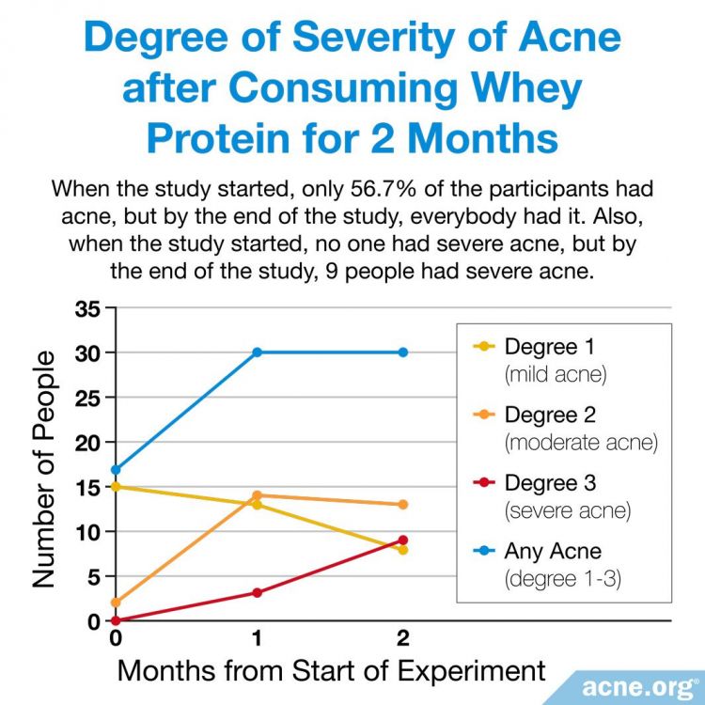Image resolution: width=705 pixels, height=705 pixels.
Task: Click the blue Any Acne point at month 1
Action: (x=257, y=352)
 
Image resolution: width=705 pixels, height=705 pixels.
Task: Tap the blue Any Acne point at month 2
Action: (x=403, y=352)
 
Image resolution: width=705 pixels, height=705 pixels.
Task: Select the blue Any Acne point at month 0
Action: (x=115, y=469)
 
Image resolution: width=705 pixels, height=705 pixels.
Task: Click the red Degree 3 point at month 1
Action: (x=257, y=592)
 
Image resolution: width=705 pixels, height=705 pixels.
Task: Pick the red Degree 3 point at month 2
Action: (x=403, y=540)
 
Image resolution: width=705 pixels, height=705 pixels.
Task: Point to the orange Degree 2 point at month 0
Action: (x=115, y=603)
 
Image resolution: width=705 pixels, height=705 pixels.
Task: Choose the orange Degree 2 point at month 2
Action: (x=403, y=505)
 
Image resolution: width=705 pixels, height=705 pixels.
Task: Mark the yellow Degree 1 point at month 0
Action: (x=115, y=486)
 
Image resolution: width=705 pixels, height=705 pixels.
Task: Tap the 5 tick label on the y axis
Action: (x=93, y=576)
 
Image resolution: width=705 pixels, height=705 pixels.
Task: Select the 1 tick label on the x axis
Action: (x=257, y=638)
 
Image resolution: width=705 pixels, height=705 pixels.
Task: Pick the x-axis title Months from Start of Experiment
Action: (x=331, y=671)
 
